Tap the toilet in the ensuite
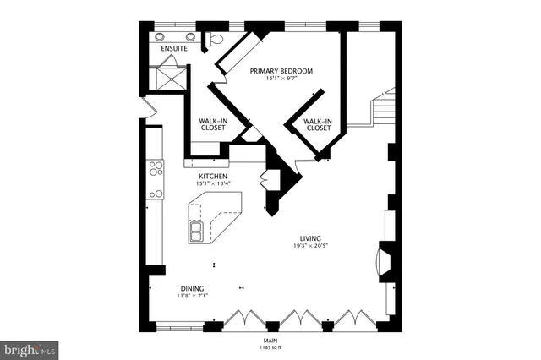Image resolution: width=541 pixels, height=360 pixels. pyautogui.click(x=214, y=39)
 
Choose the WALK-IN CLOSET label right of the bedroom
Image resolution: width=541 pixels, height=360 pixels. pyautogui.click(x=317, y=125)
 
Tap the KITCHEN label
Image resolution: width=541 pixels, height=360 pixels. pyautogui.click(x=212, y=177)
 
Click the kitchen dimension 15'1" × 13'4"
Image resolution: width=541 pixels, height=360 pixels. pyautogui.click(x=212, y=184)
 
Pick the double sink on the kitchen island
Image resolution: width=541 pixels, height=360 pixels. pyautogui.click(x=196, y=232)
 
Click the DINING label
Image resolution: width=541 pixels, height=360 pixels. pyautogui.click(x=191, y=288)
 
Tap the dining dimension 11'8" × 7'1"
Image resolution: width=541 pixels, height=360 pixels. pyautogui.click(x=191, y=297)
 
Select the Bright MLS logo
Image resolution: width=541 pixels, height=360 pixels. pyautogui.click(x=30, y=348)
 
